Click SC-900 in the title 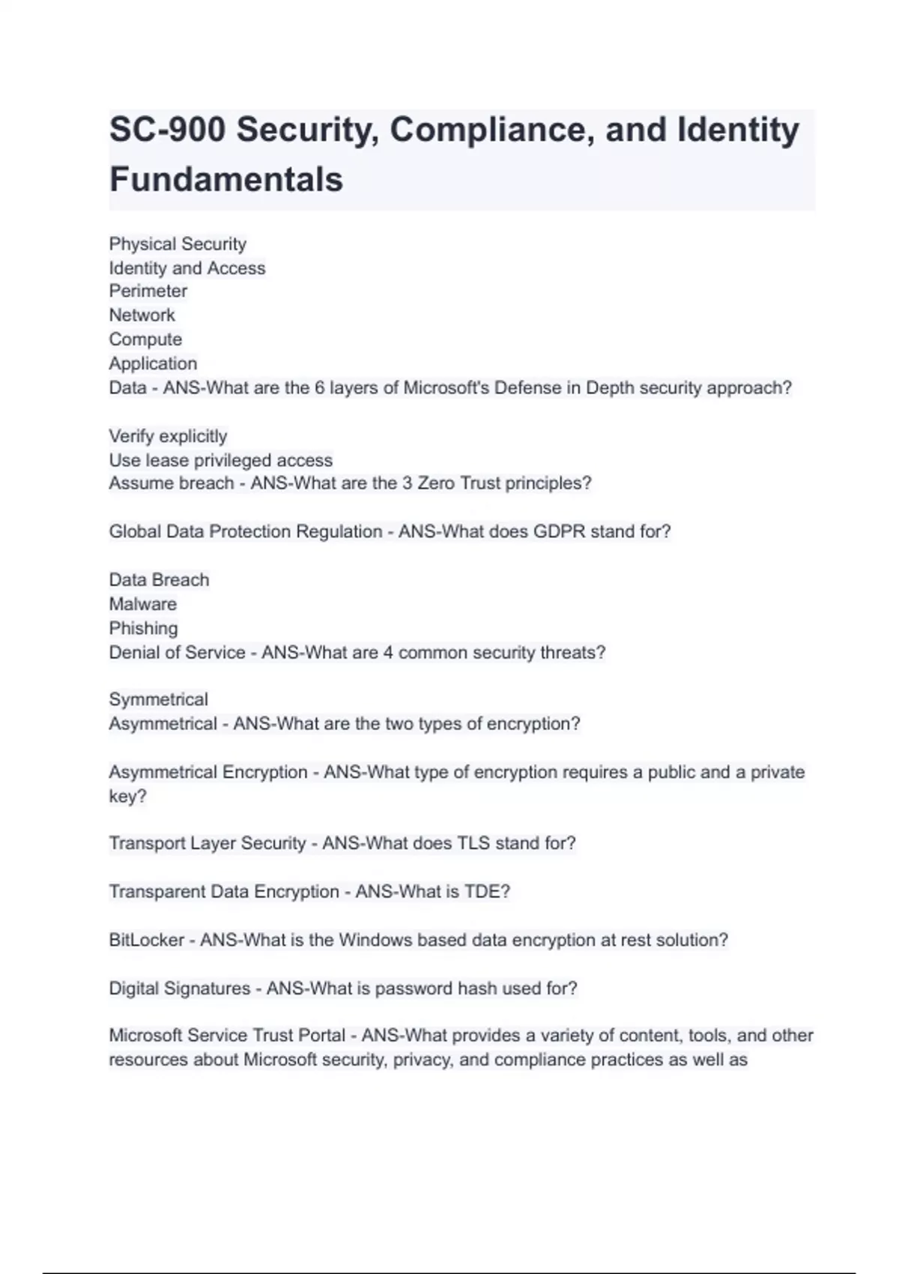pyautogui.click(x=167, y=130)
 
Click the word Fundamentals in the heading pyautogui.click(x=226, y=180)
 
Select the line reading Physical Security pyautogui.click(x=178, y=244)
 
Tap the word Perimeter pyautogui.click(x=148, y=291)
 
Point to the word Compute pyautogui.click(x=145, y=339)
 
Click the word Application pyautogui.click(x=153, y=363)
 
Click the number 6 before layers pyautogui.click(x=320, y=388)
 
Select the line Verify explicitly pyautogui.click(x=168, y=436)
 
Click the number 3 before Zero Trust pyautogui.click(x=407, y=483)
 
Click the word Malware pyautogui.click(x=143, y=604)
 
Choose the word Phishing pyautogui.click(x=143, y=628)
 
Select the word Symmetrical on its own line pyautogui.click(x=158, y=699)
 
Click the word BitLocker pyautogui.click(x=146, y=940)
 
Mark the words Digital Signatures pyautogui.click(x=180, y=988)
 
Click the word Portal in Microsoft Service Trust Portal pyautogui.click(x=322, y=1036)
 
